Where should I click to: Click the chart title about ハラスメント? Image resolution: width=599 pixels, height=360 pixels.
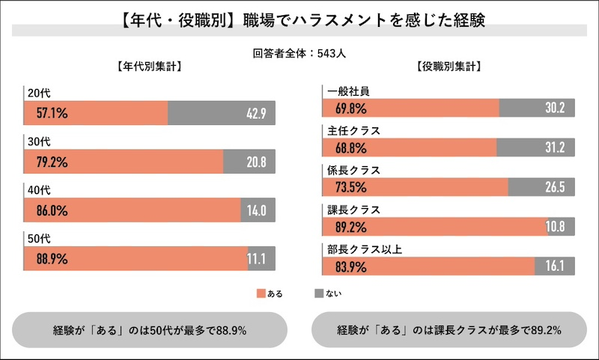pyautogui.click(x=299, y=19)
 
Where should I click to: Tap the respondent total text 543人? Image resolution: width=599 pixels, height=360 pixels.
pyautogui.click(x=299, y=53)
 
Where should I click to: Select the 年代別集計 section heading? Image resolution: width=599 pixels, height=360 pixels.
pyautogui.click(x=149, y=66)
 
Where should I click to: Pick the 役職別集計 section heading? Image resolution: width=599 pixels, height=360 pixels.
pyautogui.click(x=449, y=66)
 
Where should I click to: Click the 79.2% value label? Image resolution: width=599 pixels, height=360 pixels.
pyautogui.click(x=52, y=162)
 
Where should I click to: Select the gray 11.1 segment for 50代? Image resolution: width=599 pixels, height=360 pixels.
pyautogui.click(x=258, y=259)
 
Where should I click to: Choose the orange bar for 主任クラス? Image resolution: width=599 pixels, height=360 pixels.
pyautogui.click(x=410, y=147)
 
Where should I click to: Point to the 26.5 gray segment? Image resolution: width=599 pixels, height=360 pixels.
pyautogui.click(x=541, y=187)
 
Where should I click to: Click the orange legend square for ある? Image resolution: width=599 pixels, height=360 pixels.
pyautogui.click(x=261, y=293)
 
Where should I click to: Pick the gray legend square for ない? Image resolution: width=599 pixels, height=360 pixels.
pyautogui.click(x=319, y=293)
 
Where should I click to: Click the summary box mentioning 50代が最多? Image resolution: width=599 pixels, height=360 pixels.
pyautogui.click(x=150, y=329)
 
